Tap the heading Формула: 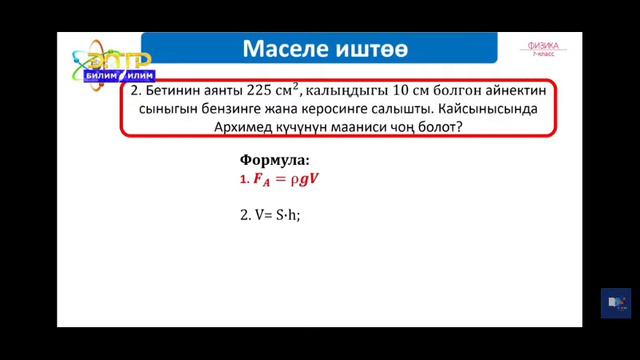[275, 160]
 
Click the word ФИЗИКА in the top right [545, 46]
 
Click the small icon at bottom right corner [615, 302]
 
